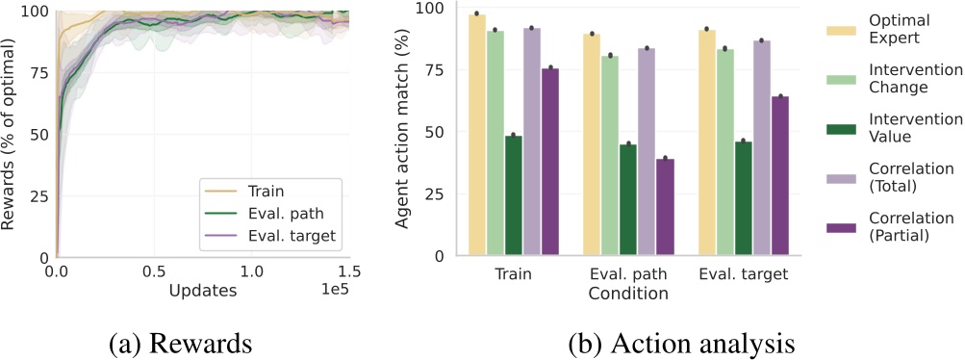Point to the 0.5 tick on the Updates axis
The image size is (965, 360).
pyautogui.click(x=154, y=272)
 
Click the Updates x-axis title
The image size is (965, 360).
pyautogui.click(x=203, y=290)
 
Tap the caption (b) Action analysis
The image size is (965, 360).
pyautogui.click(x=654, y=341)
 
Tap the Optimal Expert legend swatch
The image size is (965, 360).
pyautogui.click(x=844, y=31)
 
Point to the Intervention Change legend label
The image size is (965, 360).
pyautogui.click(x=921, y=78)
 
